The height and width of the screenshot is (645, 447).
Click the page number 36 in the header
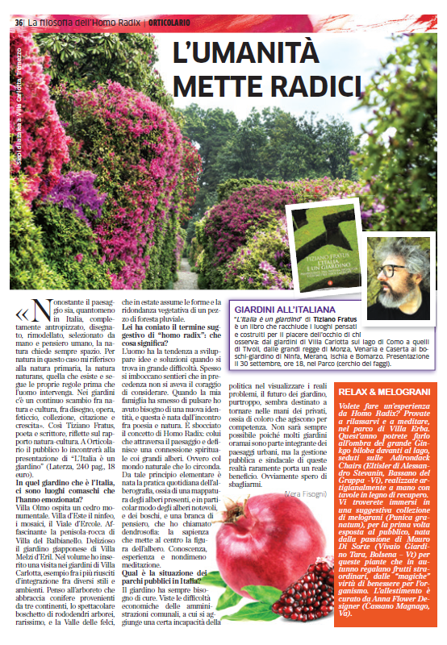(19, 23)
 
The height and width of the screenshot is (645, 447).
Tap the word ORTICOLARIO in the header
(172, 23)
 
